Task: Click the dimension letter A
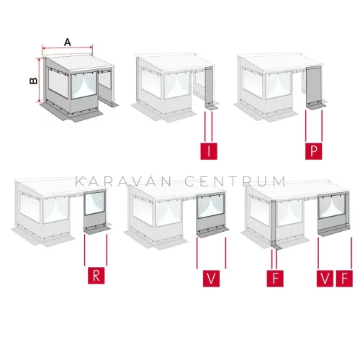(x=68, y=42)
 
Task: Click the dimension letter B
(x=33, y=81)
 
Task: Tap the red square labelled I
(x=209, y=151)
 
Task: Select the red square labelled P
(x=313, y=151)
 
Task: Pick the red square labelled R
(x=96, y=276)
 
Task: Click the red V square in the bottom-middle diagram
(x=211, y=279)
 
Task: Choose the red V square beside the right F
(x=325, y=279)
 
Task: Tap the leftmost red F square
(x=275, y=279)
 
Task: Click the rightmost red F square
(x=344, y=279)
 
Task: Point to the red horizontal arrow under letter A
(x=67, y=48)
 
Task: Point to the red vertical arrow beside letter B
(x=40, y=81)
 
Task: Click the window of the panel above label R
(x=95, y=203)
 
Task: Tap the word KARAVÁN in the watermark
(x=123, y=181)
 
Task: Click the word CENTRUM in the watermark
(x=235, y=181)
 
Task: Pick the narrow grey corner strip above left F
(x=274, y=223)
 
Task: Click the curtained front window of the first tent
(x=84, y=85)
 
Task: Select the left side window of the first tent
(x=58, y=83)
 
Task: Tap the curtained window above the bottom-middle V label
(x=210, y=205)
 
